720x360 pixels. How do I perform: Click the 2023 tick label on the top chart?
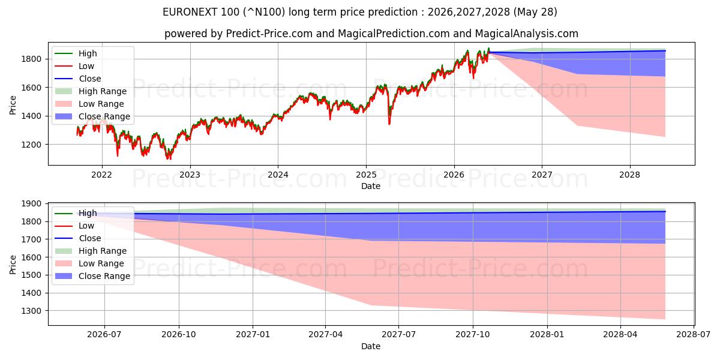[x=190, y=175]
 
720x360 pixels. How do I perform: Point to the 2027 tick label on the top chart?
[x=542, y=175]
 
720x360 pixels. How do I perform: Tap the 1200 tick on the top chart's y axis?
[x=31, y=145]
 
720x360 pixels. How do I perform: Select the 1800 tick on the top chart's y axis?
[x=31, y=59]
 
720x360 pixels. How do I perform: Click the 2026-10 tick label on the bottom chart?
[x=179, y=335]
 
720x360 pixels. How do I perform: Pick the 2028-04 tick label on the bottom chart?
[x=620, y=335]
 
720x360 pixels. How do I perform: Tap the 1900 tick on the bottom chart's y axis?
[x=31, y=203]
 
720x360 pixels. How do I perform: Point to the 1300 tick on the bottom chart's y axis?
[x=31, y=311]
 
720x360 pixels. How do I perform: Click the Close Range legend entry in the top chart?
[x=92, y=116]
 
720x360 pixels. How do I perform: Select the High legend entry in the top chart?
[x=76, y=53]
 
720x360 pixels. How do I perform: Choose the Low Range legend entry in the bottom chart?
[x=89, y=263]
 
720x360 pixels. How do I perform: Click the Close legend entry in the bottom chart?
[x=78, y=238]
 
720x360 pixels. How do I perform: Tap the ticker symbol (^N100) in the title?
[x=264, y=12]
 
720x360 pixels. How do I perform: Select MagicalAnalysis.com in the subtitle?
[x=527, y=34]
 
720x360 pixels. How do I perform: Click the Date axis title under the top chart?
[x=371, y=186]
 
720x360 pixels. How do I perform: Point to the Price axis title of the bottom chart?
[x=13, y=265]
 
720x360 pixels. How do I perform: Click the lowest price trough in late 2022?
[x=168, y=158]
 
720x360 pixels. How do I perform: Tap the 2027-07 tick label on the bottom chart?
[x=398, y=335]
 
